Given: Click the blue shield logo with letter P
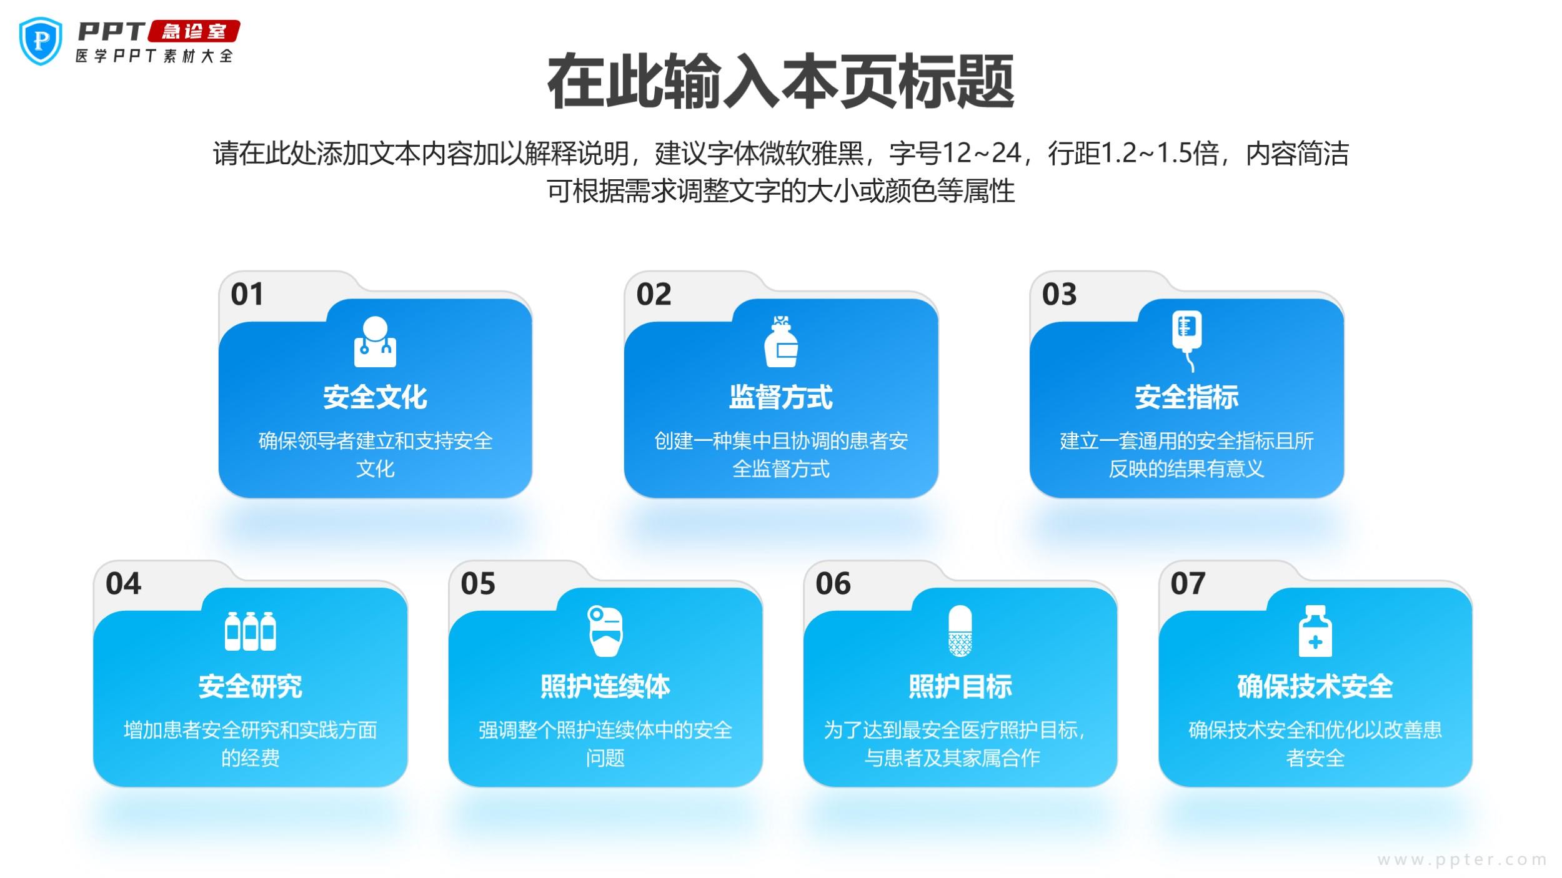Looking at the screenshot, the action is (41, 41).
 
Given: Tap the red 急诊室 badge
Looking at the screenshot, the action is (194, 31).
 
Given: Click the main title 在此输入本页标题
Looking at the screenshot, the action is (780, 82).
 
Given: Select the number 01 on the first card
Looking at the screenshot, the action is (247, 294).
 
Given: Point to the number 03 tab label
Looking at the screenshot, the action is (1059, 294).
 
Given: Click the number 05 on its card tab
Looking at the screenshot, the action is (478, 583).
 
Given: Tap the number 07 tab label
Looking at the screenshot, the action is (1188, 583).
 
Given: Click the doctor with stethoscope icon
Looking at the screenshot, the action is (375, 342).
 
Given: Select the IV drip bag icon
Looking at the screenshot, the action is (1186, 340).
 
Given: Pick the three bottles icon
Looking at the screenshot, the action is (251, 631).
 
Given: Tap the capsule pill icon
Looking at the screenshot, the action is (960, 631).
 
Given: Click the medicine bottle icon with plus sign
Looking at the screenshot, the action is (1315, 631).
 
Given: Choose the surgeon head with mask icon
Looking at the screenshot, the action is (605, 631).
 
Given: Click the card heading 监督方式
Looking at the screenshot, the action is (781, 397).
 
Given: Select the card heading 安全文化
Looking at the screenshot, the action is (375, 397).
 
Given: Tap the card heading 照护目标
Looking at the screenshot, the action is (960, 686).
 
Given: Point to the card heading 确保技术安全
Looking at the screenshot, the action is (1315, 686).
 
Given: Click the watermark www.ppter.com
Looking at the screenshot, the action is (1462, 860).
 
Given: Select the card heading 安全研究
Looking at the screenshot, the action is (251, 686).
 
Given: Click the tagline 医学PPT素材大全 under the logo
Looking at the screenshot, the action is (154, 56).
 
